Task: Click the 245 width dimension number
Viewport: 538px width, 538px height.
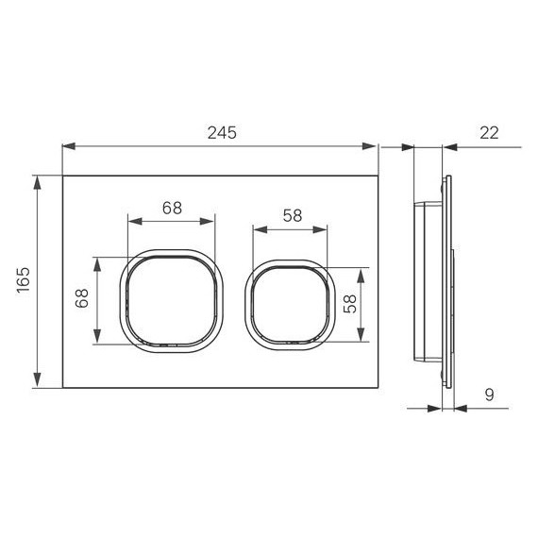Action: click(x=219, y=134)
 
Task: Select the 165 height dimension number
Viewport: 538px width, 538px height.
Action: click(x=24, y=281)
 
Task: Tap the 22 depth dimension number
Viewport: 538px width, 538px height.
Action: click(x=489, y=134)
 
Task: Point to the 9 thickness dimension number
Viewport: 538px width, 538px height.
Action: click(x=488, y=396)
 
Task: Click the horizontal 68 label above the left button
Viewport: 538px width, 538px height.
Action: click(x=171, y=210)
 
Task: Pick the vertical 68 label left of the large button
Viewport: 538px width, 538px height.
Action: click(x=82, y=302)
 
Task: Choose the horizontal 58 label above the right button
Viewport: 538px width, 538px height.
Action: click(x=292, y=215)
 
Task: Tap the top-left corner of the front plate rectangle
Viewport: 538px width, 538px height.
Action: click(x=62, y=176)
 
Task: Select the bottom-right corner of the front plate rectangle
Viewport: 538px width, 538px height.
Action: click(x=377, y=387)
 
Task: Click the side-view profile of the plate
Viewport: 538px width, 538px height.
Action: click(x=444, y=281)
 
